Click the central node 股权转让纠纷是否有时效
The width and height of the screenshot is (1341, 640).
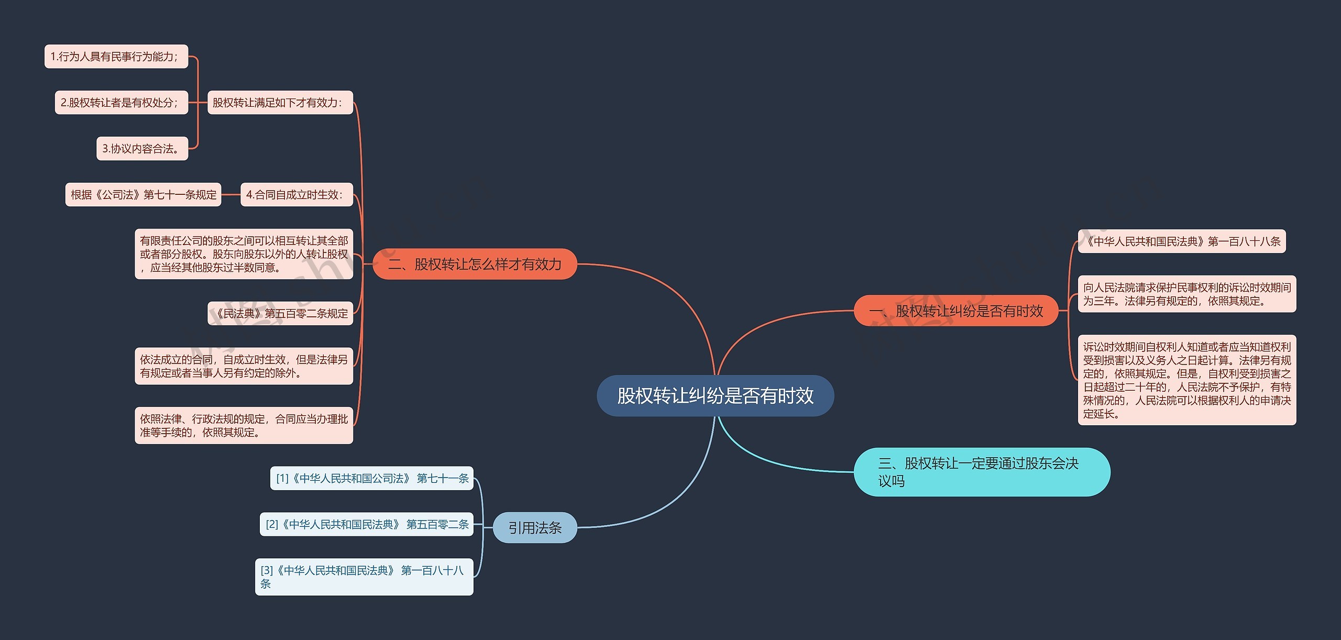[x=715, y=396]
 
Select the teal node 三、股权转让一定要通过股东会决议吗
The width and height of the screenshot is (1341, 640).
[x=981, y=472]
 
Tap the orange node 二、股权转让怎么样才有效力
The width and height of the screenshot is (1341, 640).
[x=475, y=264]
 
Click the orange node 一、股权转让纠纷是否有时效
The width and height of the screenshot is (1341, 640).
[x=956, y=311]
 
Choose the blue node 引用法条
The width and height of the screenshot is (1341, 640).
[x=535, y=527]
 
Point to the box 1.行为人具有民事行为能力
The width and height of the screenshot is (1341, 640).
[x=116, y=57]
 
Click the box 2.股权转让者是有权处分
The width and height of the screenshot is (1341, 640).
[x=121, y=103]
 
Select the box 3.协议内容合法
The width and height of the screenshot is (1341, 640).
[x=142, y=149]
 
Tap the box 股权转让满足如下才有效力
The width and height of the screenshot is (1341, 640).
[x=280, y=103]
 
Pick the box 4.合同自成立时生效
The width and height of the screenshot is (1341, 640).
[x=296, y=195]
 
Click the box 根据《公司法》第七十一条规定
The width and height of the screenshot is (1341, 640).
[x=143, y=195]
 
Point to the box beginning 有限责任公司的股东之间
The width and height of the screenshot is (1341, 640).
[x=244, y=254]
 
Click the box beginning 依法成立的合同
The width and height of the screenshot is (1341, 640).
[x=244, y=366]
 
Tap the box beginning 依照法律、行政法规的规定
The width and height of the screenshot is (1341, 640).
[x=244, y=425]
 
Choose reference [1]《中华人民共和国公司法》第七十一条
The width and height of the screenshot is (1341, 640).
[x=371, y=478]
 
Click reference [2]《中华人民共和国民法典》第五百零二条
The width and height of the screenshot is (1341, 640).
[x=366, y=524]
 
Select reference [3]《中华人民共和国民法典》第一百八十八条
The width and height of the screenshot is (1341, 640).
[x=364, y=577]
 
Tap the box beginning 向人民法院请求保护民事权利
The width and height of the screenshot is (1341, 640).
[x=1186, y=294]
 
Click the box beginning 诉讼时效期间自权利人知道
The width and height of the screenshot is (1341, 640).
[x=1186, y=380]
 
